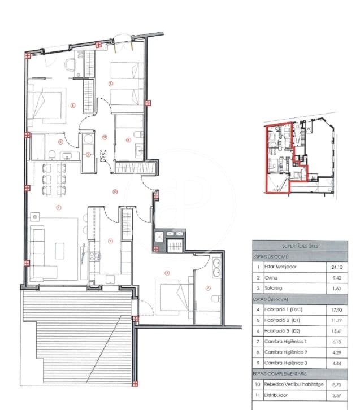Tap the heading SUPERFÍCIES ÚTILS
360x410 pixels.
(x=300, y=246)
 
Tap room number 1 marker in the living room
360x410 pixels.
(x=58, y=207)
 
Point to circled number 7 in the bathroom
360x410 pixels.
(x=207, y=289)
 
